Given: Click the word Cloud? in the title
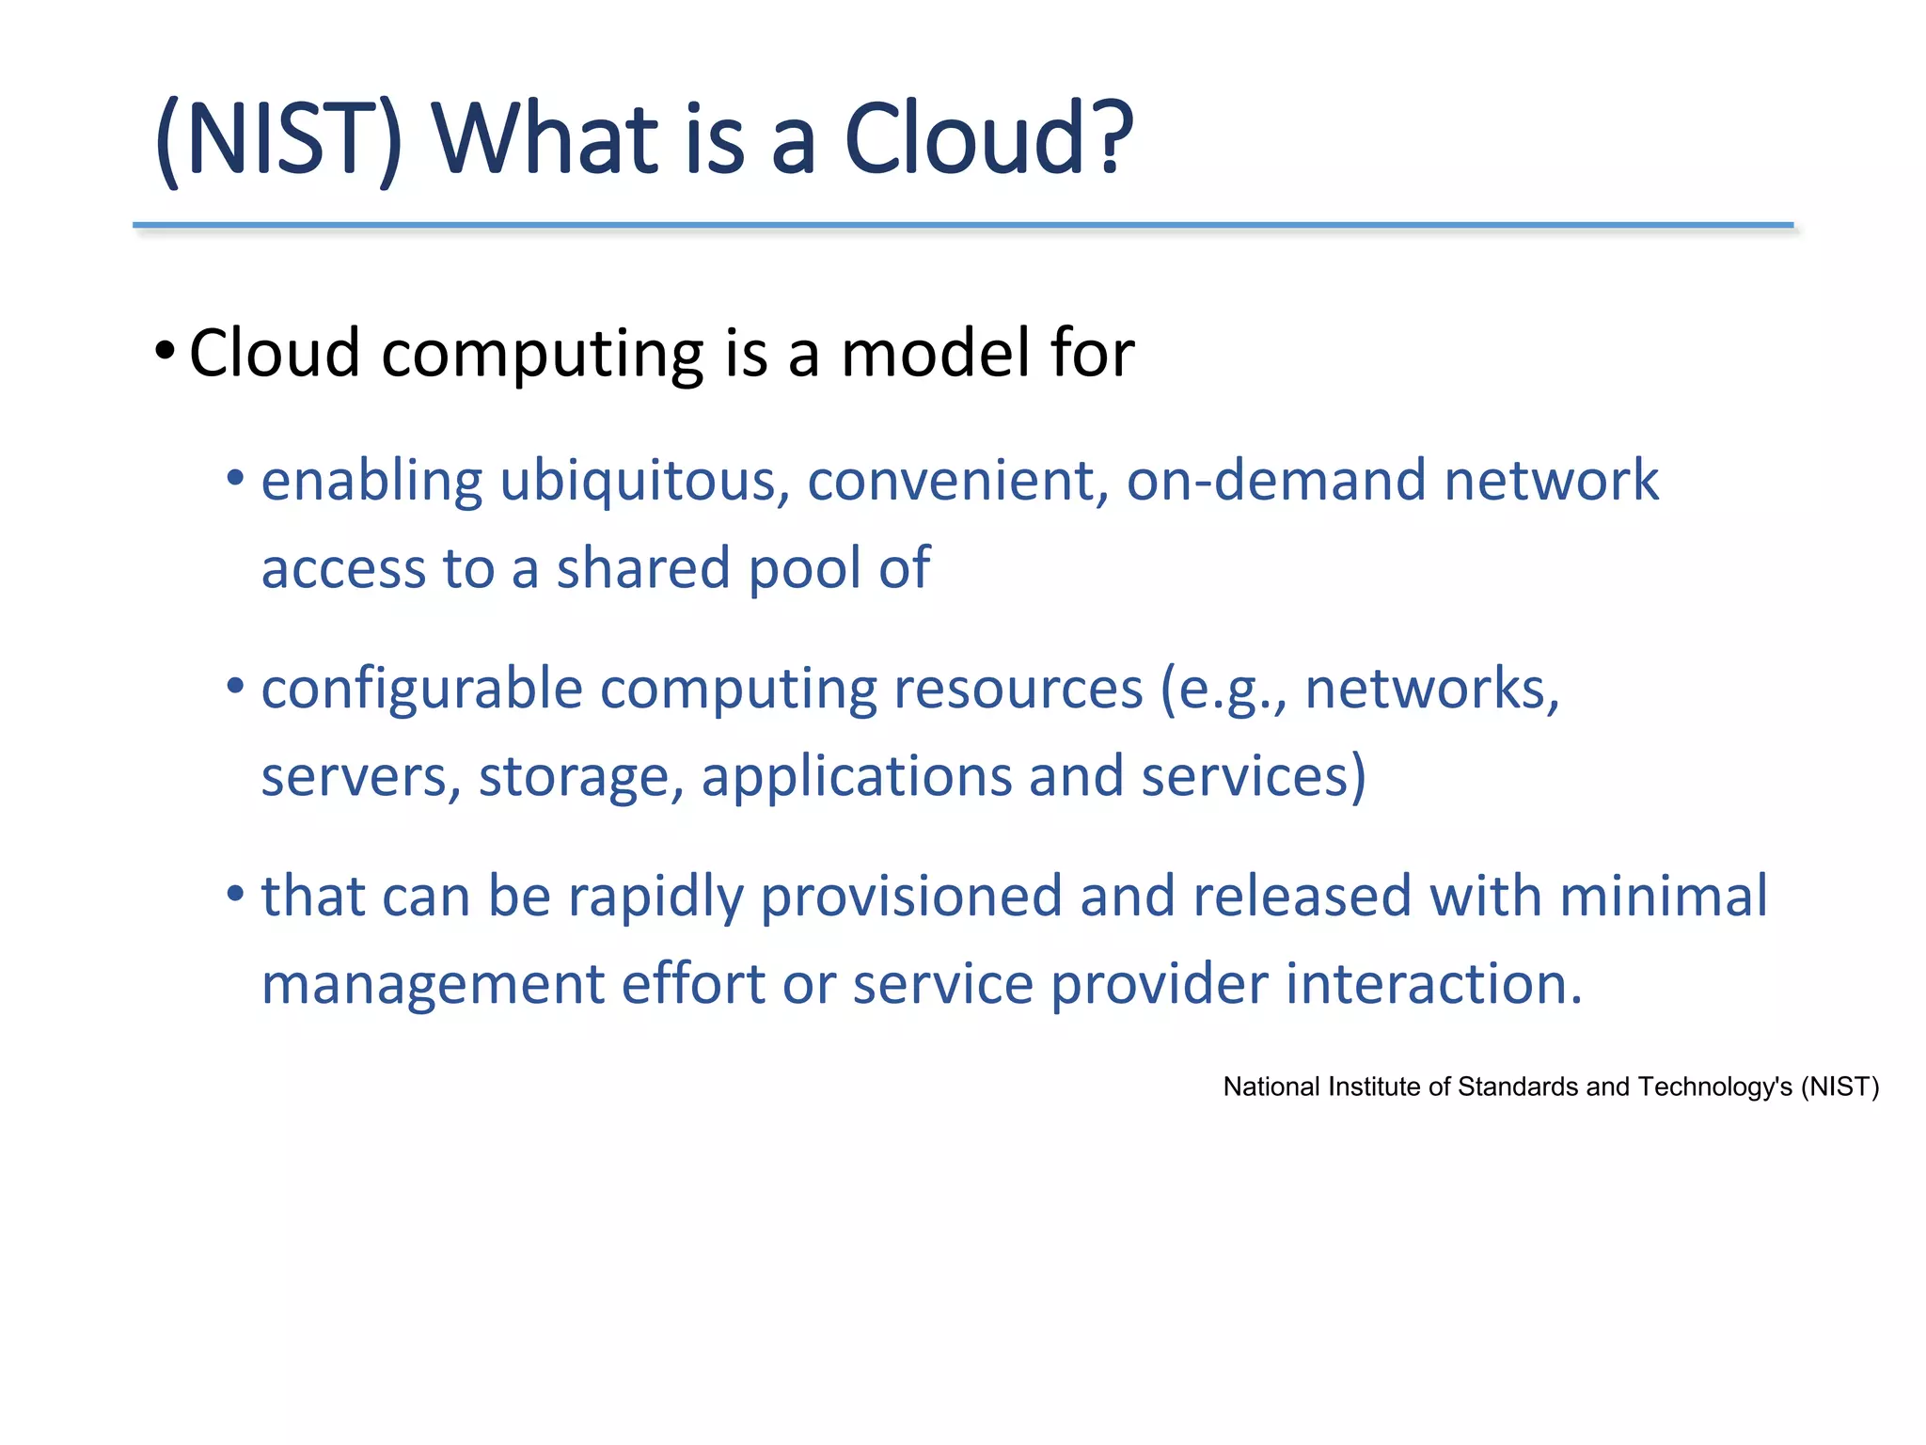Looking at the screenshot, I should point(988,139).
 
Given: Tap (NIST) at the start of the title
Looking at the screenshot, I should point(278,139).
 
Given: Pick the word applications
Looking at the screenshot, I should point(856,779).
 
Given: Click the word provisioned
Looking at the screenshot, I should point(910,897).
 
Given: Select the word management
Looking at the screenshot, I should point(433,986).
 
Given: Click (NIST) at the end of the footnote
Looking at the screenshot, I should point(1839,1088).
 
